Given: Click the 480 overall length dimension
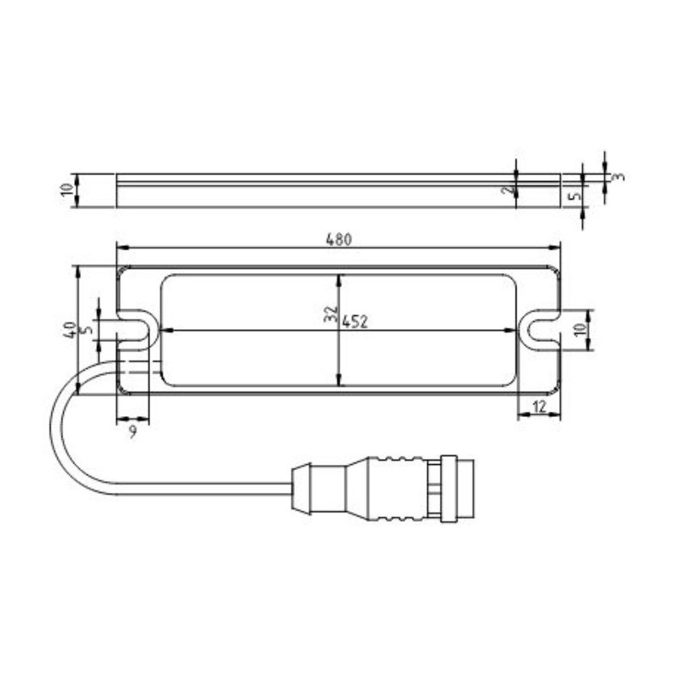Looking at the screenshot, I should tap(338, 240).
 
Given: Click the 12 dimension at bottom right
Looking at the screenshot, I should tap(540, 407).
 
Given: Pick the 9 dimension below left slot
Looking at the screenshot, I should tap(131, 431).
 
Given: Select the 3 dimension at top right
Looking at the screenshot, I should tap(619, 177).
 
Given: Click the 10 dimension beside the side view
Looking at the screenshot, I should tap(68, 190).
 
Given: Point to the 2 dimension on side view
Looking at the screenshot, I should tap(505, 191).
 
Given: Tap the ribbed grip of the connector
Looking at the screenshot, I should tap(396, 487).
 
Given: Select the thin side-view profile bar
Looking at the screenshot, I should tap(337, 190).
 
